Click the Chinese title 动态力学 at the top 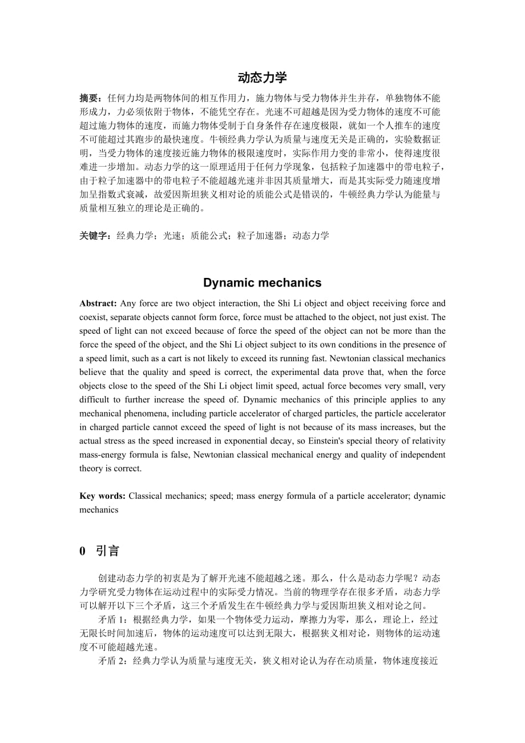[262, 78]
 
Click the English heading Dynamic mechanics [262, 282]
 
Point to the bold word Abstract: [98, 304]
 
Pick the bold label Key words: [102, 496]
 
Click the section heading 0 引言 [99, 551]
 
